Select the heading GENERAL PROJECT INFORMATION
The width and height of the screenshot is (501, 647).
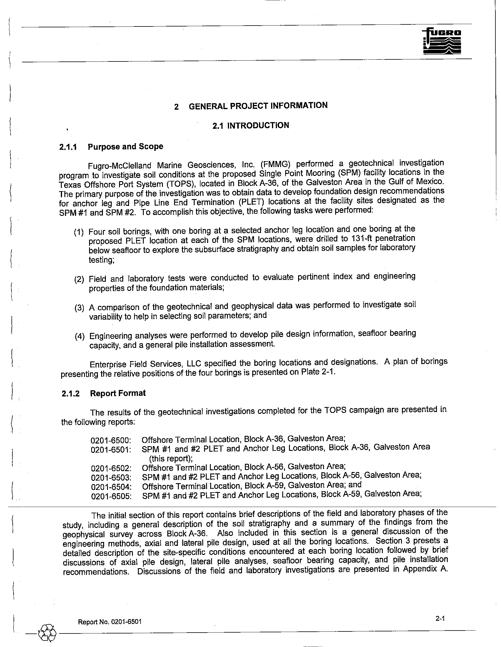tap(258, 106)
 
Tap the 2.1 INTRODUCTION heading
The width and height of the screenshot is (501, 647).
tap(250, 126)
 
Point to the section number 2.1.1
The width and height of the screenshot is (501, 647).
tap(68, 147)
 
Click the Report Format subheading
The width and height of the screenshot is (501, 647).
tap(118, 393)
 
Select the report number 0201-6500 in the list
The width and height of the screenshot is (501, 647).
tap(111, 440)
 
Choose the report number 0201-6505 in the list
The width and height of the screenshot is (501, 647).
tap(111, 496)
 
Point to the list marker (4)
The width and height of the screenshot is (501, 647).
tap(80, 336)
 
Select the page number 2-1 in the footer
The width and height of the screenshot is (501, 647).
tap(440, 618)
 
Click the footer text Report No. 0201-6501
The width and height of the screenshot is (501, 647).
tap(110, 622)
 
